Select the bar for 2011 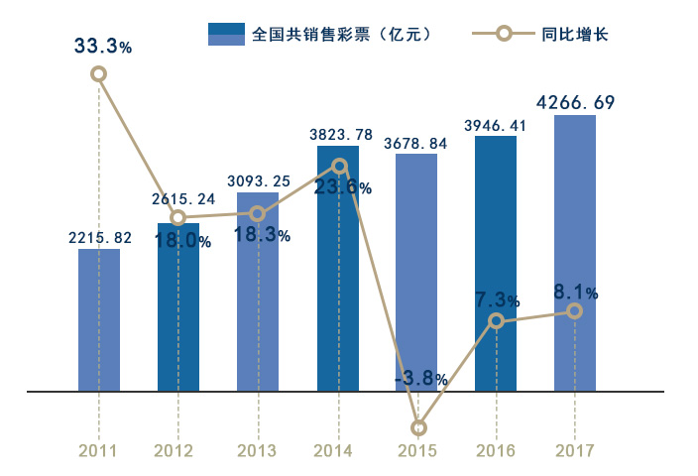pyautogui.click(x=99, y=319)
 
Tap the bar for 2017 pyautogui.click(x=575, y=253)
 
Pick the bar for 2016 pyautogui.click(x=496, y=263)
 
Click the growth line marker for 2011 pyautogui.click(x=98, y=73)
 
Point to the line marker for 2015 pyautogui.click(x=418, y=427)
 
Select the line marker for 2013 pyautogui.click(x=258, y=213)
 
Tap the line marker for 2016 pyautogui.click(x=497, y=320)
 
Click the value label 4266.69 pyautogui.click(x=575, y=101)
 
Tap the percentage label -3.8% pyautogui.click(x=420, y=379)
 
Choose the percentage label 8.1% pyautogui.click(x=576, y=292)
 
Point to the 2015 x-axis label pyautogui.click(x=417, y=450)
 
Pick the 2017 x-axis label pyautogui.click(x=575, y=450)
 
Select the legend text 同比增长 pyautogui.click(x=575, y=34)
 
